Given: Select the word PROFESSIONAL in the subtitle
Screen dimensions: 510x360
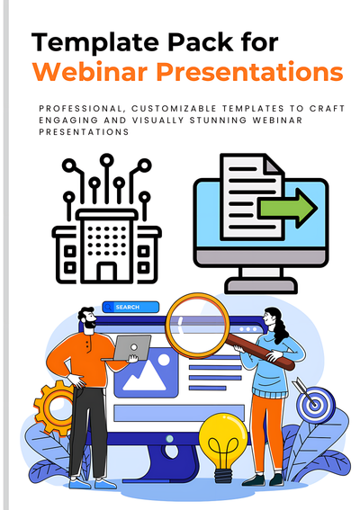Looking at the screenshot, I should click(x=78, y=108).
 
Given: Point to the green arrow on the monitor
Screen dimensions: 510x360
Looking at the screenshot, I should click(x=288, y=209).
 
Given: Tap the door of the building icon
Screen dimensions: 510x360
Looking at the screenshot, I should click(x=107, y=271).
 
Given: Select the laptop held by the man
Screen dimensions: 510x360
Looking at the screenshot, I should click(x=133, y=347).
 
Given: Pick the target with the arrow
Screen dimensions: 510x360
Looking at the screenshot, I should click(x=314, y=402).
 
